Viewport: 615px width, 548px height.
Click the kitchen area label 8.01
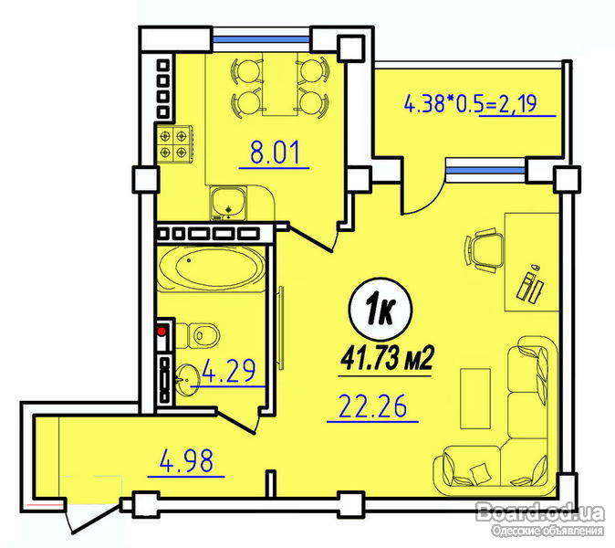click(x=275, y=153)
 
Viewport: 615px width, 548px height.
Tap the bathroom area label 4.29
click(x=228, y=370)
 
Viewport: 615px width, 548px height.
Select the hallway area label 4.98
click(x=186, y=460)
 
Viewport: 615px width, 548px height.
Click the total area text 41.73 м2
click(x=386, y=359)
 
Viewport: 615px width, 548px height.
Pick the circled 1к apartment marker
click(x=380, y=310)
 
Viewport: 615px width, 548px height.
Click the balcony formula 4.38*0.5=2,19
click(x=470, y=103)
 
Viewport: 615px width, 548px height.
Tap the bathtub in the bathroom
click(x=213, y=269)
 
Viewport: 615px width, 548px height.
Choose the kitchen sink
click(x=228, y=203)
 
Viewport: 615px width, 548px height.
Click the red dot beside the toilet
click(x=162, y=332)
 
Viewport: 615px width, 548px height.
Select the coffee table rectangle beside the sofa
click(x=475, y=398)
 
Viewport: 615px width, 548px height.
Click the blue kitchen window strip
click(x=261, y=39)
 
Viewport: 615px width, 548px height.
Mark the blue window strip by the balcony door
click(x=485, y=171)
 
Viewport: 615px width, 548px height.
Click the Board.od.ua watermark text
click(x=540, y=512)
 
